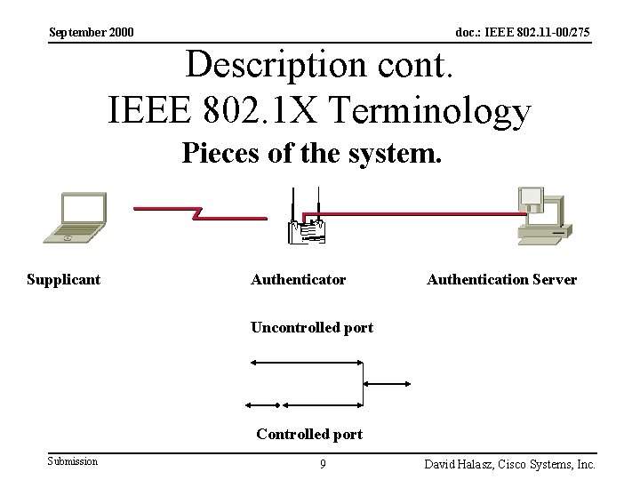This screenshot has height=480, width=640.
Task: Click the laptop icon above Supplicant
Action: click(75, 216)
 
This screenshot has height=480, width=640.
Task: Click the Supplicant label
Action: click(63, 279)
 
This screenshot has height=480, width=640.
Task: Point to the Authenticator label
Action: click(298, 279)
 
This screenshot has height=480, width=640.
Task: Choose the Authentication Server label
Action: click(501, 279)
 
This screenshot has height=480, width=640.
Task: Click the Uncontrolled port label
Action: click(311, 328)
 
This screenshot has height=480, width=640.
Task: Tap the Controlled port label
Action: click(308, 435)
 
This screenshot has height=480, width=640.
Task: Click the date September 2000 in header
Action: click(92, 33)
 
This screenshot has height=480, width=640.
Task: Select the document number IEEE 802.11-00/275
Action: click(523, 33)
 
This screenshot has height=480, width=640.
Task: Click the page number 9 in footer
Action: click(323, 463)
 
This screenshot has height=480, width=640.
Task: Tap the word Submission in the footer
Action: click(73, 460)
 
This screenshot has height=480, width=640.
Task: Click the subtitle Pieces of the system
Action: click(311, 155)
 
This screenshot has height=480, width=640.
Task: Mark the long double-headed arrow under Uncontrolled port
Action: click(307, 362)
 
